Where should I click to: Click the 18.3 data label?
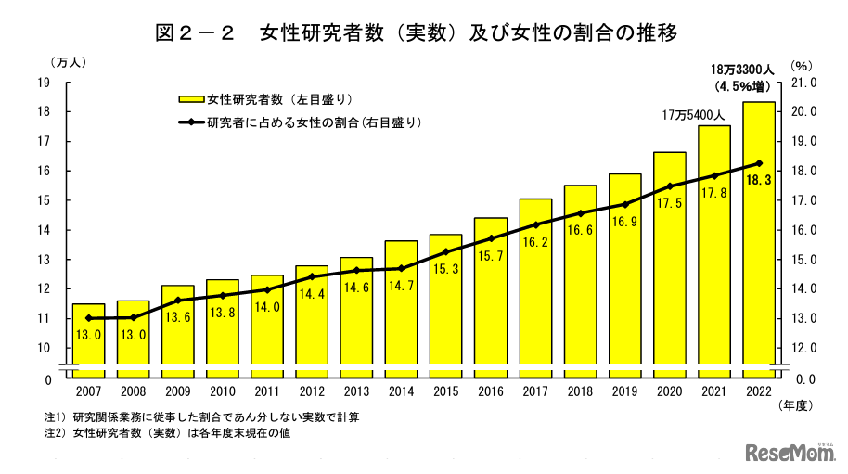759,181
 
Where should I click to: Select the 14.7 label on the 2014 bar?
402,287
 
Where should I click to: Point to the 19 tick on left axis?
43,83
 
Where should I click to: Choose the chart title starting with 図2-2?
418,33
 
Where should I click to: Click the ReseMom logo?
790,452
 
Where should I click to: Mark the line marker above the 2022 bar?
759,163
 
